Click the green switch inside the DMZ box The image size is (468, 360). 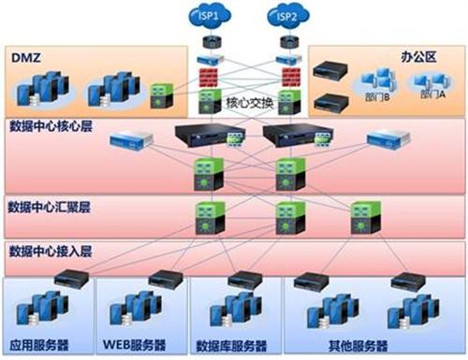click(162, 95)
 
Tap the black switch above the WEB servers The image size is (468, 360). click(162, 278)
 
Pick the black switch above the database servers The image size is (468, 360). click(245, 278)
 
